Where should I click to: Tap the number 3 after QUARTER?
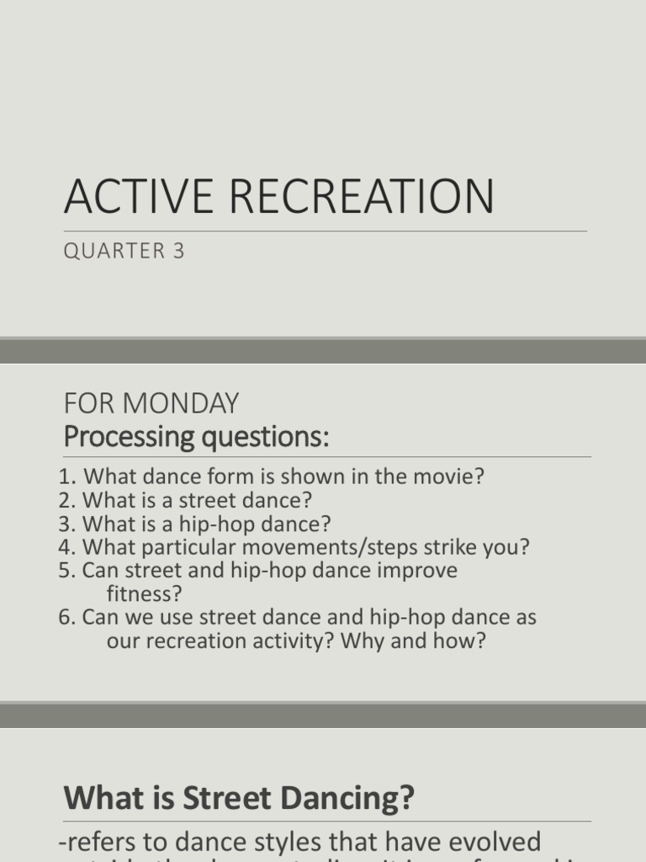(x=178, y=251)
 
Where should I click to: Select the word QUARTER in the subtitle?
(x=114, y=251)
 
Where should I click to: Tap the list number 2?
(x=66, y=500)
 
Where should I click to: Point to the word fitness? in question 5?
(x=144, y=594)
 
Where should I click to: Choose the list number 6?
(x=66, y=618)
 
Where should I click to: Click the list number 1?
(x=66, y=476)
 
